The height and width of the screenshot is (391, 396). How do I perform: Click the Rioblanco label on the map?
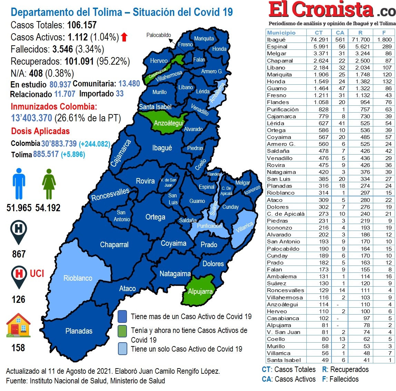click(78, 278)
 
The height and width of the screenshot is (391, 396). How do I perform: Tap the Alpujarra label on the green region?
click(200, 291)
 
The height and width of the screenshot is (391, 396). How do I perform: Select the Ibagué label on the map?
click(162, 148)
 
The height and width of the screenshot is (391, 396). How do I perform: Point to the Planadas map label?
click(79, 331)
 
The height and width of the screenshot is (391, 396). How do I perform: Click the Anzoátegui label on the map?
click(168, 123)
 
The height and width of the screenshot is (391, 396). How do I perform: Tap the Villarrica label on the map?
click(245, 227)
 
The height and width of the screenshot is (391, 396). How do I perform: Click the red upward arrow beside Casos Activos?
click(124, 37)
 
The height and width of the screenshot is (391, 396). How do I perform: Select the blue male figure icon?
click(19, 184)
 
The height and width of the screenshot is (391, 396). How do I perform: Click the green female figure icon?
click(49, 184)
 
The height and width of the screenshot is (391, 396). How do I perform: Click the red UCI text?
click(37, 274)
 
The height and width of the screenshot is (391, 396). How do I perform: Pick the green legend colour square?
click(122, 331)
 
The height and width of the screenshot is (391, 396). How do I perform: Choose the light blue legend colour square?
click(122, 349)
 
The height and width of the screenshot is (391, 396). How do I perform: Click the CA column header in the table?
click(340, 32)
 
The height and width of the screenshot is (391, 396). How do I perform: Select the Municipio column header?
click(281, 32)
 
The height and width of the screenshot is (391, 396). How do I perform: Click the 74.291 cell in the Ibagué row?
click(319, 40)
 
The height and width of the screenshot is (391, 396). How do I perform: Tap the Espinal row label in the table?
click(277, 47)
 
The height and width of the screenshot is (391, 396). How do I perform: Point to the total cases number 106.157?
click(82, 25)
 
